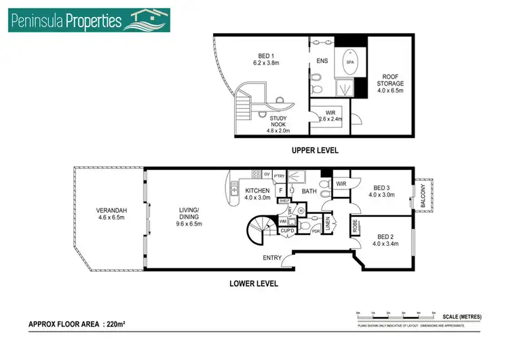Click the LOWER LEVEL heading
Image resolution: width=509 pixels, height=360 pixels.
pos(253,284)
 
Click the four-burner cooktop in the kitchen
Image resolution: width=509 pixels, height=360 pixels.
pos(257,175)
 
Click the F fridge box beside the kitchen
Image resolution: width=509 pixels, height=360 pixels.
pos(279,191)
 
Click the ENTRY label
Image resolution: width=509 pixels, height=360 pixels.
pos(273,258)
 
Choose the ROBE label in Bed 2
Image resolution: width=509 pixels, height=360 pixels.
pos(355,223)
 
